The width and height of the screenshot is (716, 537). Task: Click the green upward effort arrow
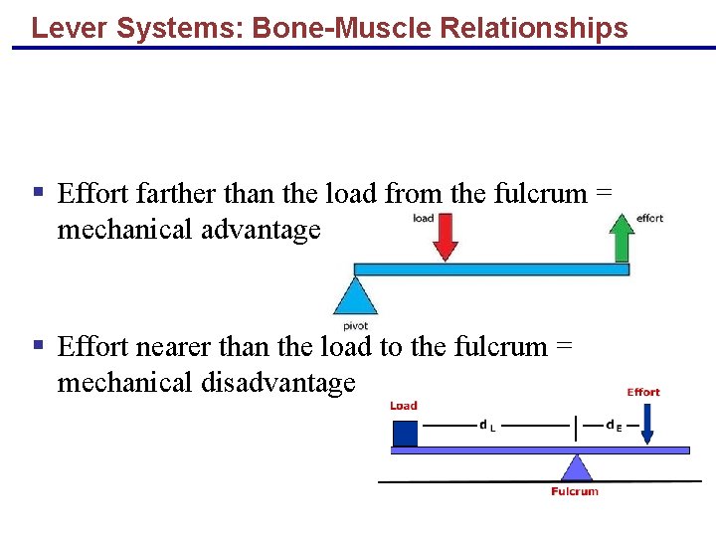tap(622, 239)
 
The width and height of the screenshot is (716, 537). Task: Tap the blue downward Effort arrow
tap(647, 424)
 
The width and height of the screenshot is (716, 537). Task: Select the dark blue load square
tap(405, 434)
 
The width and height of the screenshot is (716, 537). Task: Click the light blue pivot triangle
tap(354, 296)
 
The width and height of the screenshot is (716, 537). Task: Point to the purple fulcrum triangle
tap(575, 467)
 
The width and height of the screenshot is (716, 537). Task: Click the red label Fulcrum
tap(575, 491)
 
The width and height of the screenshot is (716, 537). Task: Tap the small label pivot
tap(355, 325)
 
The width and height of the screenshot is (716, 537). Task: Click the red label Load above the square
tap(404, 405)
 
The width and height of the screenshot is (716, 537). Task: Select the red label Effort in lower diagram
tap(643, 392)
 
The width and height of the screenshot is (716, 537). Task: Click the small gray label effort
tap(649, 218)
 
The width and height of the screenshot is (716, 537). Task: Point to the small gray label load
tap(424, 218)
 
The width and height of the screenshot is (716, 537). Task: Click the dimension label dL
tap(488, 426)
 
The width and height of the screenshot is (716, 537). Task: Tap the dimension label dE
tap(614, 426)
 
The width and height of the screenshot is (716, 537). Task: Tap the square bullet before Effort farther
tap(38, 191)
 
